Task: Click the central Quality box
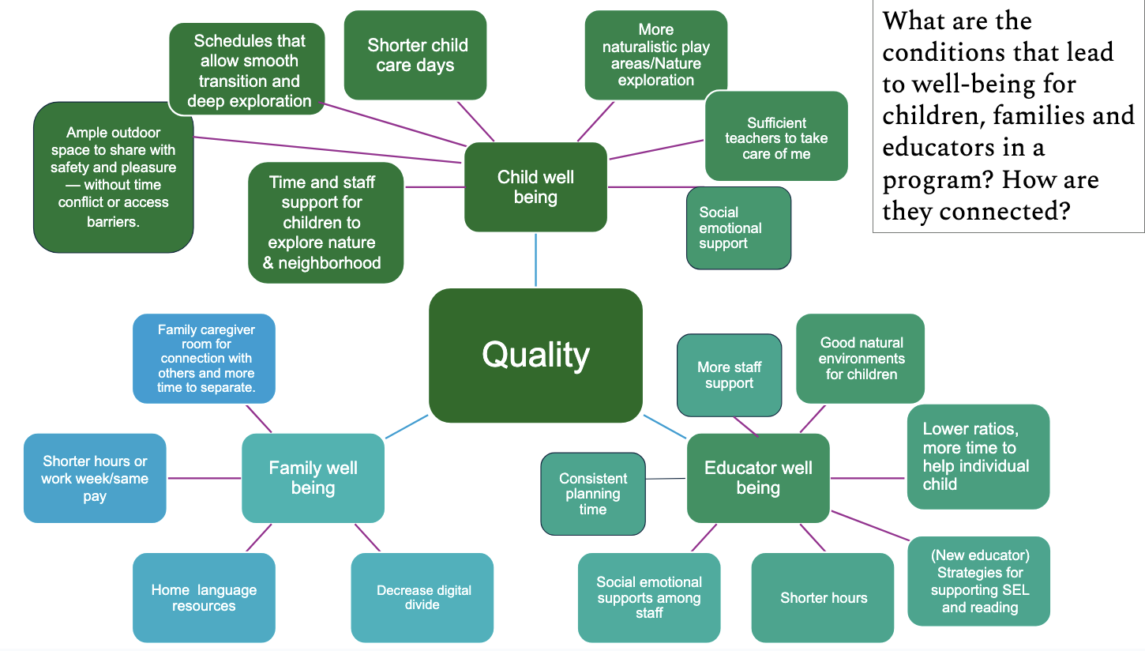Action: tap(535, 355)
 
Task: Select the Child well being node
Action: tap(535, 186)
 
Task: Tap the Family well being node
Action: tap(313, 478)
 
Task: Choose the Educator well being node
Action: tap(758, 478)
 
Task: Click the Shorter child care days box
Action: tap(415, 55)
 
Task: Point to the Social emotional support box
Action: tap(738, 228)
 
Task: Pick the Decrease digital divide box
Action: tap(422, 597)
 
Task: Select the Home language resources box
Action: tap(204, 597)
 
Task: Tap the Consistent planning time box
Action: tap(592, 494)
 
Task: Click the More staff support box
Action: tap(729, 375)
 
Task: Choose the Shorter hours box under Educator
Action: tap(823, 597)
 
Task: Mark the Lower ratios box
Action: tap(978, 457)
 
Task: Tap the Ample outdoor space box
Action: tap(113, 177)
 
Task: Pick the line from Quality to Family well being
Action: tap(407, 427)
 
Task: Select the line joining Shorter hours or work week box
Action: tap(204, 478)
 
